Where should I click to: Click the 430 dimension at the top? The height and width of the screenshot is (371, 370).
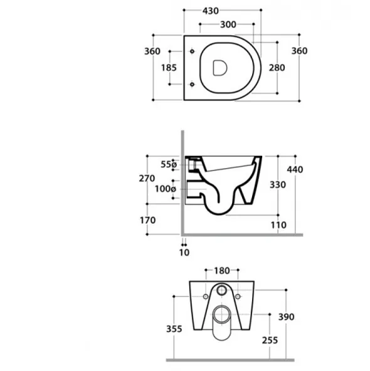click(211, 11)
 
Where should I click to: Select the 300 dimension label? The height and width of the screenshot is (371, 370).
click(228, 24)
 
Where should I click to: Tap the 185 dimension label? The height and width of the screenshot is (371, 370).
click(169, 68)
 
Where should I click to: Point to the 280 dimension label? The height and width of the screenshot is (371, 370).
click(277, 68)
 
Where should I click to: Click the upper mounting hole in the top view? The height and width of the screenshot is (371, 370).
click(192, 51)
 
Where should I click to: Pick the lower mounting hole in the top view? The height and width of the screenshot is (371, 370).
click(192, 84)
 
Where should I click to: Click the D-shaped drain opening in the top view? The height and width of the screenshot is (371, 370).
click(220, 68)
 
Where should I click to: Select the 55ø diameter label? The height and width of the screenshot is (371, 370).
click(169, 164)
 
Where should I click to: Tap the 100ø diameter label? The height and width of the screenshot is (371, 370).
click(166, 189)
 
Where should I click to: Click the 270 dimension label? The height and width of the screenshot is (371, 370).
click(147, 179)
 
